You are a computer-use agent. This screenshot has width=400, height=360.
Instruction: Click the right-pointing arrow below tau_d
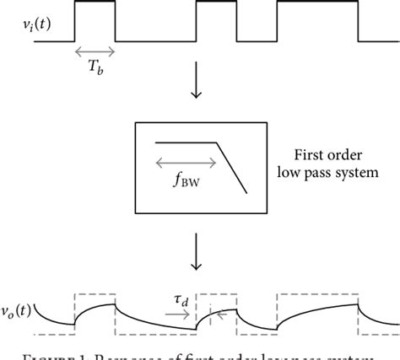coord(179,314)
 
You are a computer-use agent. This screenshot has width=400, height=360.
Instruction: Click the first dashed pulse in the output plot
coord(95,294)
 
